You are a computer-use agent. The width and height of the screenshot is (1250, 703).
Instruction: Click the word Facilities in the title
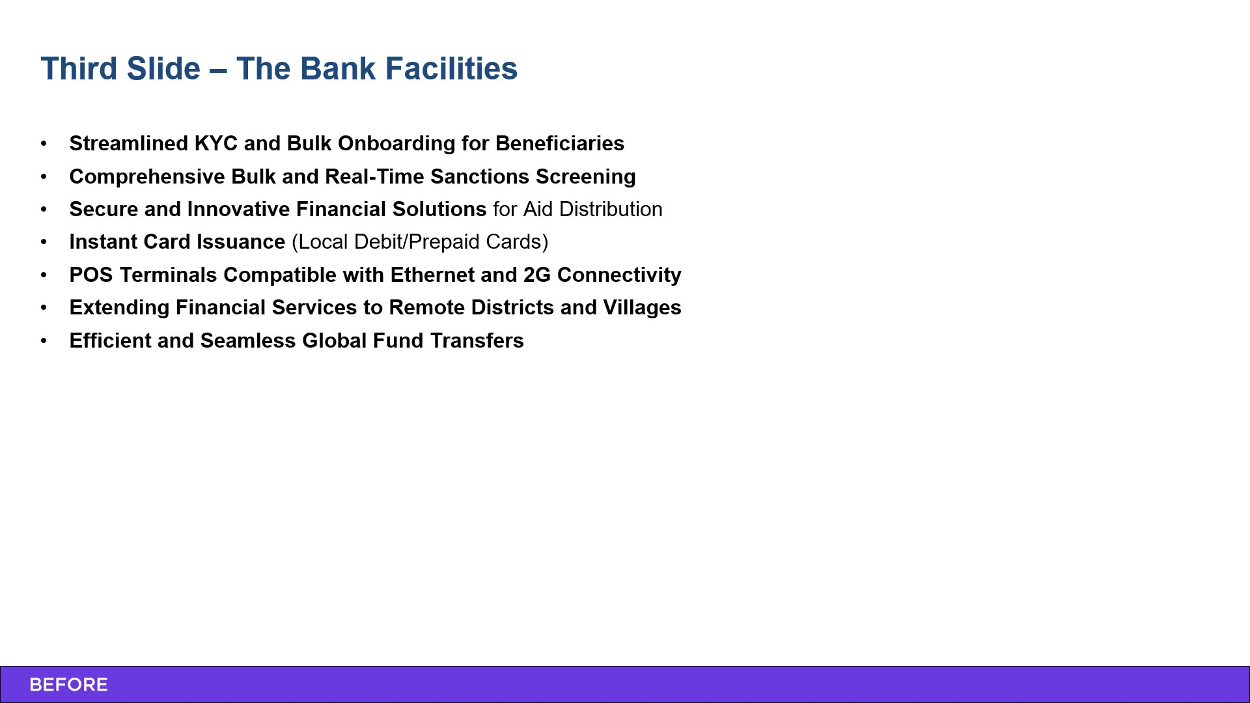pyautogui.click(x=451, y=68)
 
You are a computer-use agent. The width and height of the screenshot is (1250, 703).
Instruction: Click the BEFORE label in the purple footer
pyautogui.click(x=68, y=685)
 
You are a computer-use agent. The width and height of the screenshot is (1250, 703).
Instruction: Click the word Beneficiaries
pyautogui.click(x=560, y=143)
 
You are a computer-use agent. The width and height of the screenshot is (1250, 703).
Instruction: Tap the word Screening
pyautogui.click(x=586, y=177)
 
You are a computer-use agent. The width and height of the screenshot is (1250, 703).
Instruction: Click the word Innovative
pyautogui.click(x=238, y=209)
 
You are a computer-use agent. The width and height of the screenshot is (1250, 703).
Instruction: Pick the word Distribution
pyautogui.click(x=611, y=209)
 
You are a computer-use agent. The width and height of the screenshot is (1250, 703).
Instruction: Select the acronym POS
pyautogui.click(x=91, y=275)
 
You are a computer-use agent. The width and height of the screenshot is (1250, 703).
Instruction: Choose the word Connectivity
pyautogui.click(x=619, y=275)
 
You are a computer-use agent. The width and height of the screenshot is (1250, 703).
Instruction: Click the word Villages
pyautogui.click(x=642, y=308)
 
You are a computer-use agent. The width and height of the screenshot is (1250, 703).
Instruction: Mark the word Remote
pyautogui.click(x=426, y=307)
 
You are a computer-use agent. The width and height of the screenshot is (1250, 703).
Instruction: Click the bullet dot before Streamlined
pyautogui.click(x=44, y=143)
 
